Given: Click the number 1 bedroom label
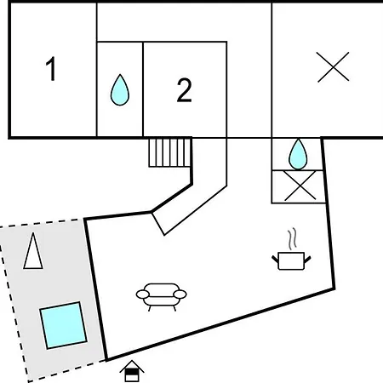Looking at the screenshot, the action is (x=51, y=69).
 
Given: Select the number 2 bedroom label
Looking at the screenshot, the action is (x=185, y=90).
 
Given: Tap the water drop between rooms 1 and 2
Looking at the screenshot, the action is (x=120, y=90).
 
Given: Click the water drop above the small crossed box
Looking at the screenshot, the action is (x=298, y=154).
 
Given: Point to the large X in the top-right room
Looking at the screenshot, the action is (x=333, y=67).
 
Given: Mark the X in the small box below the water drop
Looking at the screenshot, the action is (x=300, y=186).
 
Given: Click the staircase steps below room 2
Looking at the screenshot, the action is (x=169, y=152).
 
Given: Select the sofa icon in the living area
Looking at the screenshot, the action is (x=161, y=297).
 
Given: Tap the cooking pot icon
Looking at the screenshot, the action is (x=291, y=260).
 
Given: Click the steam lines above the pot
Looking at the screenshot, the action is (x=293, y=239).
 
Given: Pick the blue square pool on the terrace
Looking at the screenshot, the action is (x=63, y=325).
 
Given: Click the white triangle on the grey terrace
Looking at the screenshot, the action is (x=33, y=251).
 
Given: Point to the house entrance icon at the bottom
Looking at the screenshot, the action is (x=132, y=371).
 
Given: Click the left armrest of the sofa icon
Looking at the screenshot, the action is (x=143, y=294).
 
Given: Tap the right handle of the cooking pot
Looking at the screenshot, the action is (x=307, y=259).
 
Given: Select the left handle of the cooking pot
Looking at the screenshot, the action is (x=275, y=259).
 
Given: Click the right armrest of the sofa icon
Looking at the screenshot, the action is (x=180, y=294).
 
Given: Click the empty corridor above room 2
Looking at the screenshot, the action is (x=184, y=22).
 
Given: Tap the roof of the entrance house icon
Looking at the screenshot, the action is (x=132, y=366).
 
